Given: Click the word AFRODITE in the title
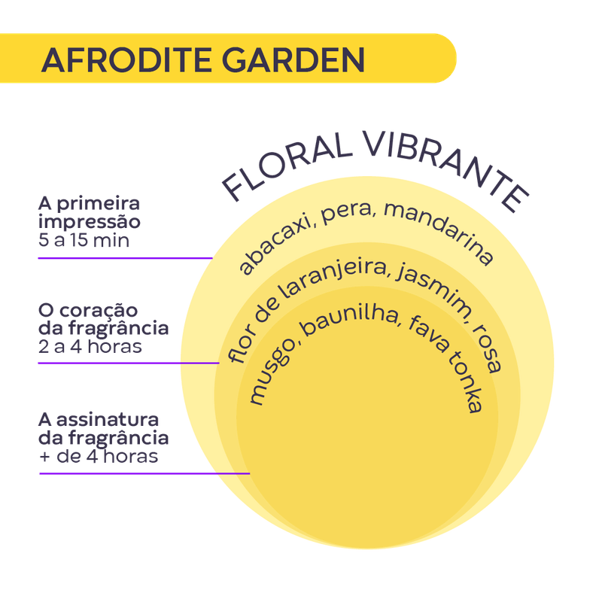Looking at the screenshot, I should (117, 59).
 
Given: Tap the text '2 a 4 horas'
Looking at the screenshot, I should (90, 348).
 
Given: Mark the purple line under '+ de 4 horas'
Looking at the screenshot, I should (143, 474).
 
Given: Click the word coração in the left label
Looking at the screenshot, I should (98, 312).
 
